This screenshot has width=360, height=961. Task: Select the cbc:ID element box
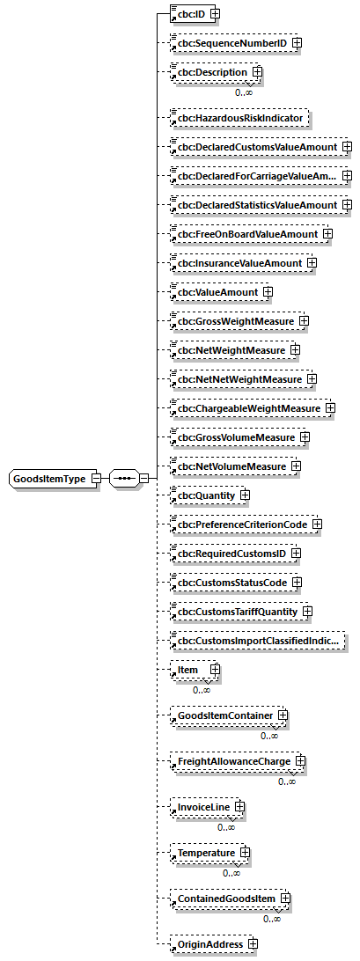(187, 13)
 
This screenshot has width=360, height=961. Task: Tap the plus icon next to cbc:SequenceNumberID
(297, 41)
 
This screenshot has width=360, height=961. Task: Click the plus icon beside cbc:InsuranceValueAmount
(312, 262)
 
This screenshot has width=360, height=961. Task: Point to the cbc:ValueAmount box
(215, 291)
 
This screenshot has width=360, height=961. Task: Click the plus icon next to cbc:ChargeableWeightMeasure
(330, 407)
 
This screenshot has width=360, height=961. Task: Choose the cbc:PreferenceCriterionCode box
(241, 524)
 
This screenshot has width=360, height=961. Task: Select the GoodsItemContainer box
(226, 715)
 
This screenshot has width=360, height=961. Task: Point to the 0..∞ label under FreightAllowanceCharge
(287, 781)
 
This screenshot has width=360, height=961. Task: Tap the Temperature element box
(205, 853)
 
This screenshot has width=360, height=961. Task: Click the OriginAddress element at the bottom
(209, 944)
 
